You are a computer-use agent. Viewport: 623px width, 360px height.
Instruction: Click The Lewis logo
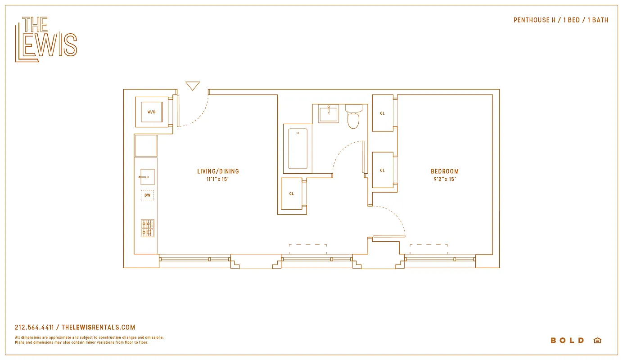(x=46, y=39)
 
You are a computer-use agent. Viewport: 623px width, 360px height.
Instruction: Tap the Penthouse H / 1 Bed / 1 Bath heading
(x=560, y=20)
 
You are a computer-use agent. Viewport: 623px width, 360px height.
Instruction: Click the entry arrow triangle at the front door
(x=193, y=85)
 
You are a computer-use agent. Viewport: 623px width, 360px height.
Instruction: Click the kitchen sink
(x=147, y=177)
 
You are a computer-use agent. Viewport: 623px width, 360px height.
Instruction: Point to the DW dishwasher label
(x=147, y=195)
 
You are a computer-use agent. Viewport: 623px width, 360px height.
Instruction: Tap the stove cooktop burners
(x=147, y=228)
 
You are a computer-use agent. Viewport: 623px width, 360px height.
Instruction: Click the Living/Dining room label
(x=218, y=171)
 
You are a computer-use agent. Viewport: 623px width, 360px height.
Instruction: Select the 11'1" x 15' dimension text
(x=218, y=179)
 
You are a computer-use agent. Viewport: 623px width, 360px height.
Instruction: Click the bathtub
(x=298, y=148)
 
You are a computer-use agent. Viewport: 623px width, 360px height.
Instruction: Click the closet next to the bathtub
(x=292, y=193)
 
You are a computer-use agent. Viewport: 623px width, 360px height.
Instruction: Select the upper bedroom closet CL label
(x=382, y=113)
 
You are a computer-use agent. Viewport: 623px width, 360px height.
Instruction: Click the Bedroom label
(x=445, y=171)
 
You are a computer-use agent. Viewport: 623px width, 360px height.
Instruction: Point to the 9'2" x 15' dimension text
(x=445, y=179)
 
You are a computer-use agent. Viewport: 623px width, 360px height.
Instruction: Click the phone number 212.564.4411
(x=34, y=328)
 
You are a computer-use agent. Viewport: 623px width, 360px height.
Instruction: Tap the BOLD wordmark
(x=567, y=341)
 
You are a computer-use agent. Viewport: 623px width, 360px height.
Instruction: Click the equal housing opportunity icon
(x=597, y=341)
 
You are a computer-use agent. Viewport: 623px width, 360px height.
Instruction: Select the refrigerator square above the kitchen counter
(x=146, y=146)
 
